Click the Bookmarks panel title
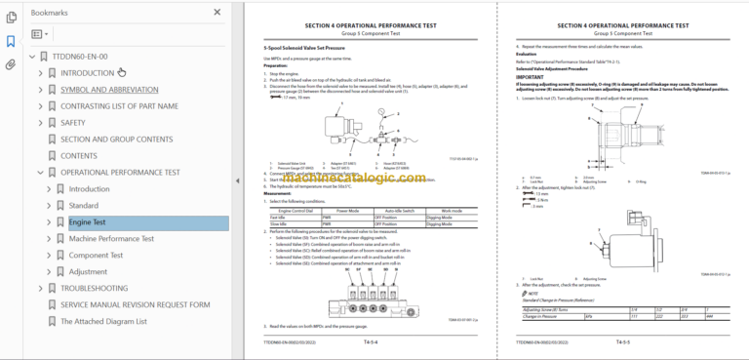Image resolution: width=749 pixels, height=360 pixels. (x=50, y=14)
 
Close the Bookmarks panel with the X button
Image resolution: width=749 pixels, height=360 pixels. (x=217, y=14)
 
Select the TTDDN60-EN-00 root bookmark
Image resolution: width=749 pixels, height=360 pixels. (x=80, y=57)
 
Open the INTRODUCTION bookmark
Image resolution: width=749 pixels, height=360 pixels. (x=87, y=72)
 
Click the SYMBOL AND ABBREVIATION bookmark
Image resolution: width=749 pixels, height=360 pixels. (x=109, y=89)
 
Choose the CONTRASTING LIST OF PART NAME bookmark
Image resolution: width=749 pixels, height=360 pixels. (x=119, y=105)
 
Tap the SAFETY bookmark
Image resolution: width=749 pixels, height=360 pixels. (x=73, y=123)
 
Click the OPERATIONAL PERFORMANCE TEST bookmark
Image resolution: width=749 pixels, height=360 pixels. (x=120, y=173)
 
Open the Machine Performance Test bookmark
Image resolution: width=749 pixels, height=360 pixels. (x=111, y=239)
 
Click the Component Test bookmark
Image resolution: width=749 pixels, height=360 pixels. (x=96, y=256)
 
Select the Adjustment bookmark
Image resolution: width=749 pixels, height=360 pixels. (x=88, y=272)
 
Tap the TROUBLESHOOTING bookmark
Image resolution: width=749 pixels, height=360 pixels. (x=94, y=289)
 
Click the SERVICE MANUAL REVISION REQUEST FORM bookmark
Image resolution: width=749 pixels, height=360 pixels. (x=135, y=304)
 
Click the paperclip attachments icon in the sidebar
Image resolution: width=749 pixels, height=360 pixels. (x=11, y=64)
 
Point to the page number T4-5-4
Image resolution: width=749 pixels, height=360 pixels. (x=372, y=343)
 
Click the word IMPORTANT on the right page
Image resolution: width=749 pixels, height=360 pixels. (x=532, y=76)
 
